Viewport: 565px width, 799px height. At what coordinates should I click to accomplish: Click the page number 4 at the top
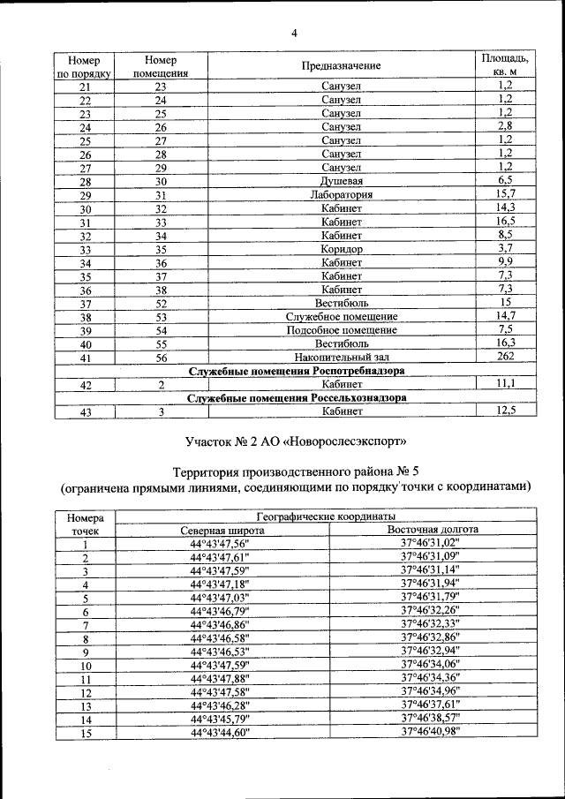[294, 34]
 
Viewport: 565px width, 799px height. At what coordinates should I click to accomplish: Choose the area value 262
[505, 356]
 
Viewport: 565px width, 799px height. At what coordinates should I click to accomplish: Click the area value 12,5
[505, 411]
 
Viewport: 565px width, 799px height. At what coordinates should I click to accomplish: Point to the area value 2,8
[505, 126]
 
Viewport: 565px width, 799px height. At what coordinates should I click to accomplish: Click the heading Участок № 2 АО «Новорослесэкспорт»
[296, 439]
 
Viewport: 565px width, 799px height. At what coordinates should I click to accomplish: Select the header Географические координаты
[326, 516]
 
